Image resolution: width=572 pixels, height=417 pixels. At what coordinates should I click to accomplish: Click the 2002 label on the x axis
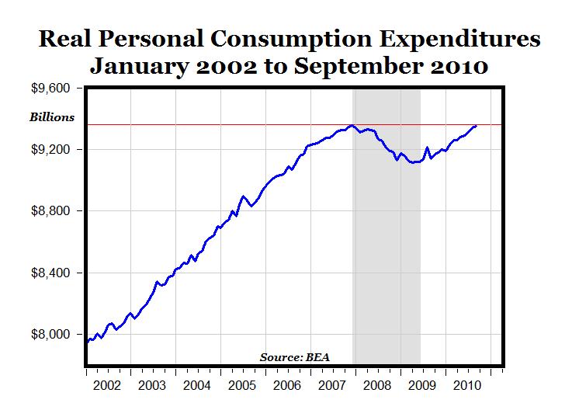tap(107, 385)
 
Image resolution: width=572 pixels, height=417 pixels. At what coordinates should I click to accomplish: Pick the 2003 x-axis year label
tap(152, 385)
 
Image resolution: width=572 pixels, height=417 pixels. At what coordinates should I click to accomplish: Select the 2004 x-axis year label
tap(197, 385)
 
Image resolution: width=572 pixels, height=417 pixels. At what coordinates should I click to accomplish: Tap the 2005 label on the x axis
tap(242, 385)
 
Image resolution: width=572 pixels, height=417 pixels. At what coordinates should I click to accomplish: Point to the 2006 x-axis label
tap(287, 385)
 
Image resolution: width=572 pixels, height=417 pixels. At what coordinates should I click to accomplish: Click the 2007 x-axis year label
tap(331, 385)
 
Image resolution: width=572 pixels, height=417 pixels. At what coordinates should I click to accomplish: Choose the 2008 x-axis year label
tap(376, 385)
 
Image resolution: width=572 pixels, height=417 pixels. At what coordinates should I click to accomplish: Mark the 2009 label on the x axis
tap(421, 385)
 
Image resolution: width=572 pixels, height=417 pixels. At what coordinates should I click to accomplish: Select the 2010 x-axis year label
tap(466, 385)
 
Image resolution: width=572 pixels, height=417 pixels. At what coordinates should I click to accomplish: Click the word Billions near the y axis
tap(52, 118)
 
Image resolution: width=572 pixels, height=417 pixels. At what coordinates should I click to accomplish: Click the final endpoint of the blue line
tap(476, 125)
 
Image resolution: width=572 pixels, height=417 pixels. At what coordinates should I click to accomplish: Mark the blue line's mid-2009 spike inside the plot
tap(427, 147)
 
